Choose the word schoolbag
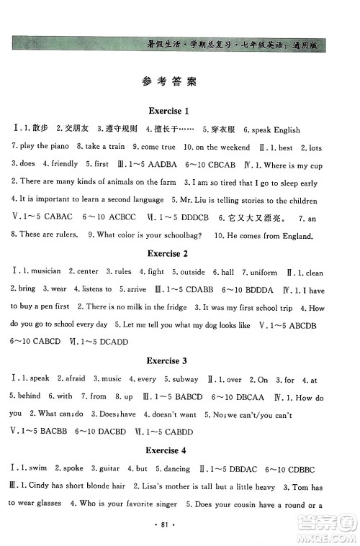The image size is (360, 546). tap(184, 235)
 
